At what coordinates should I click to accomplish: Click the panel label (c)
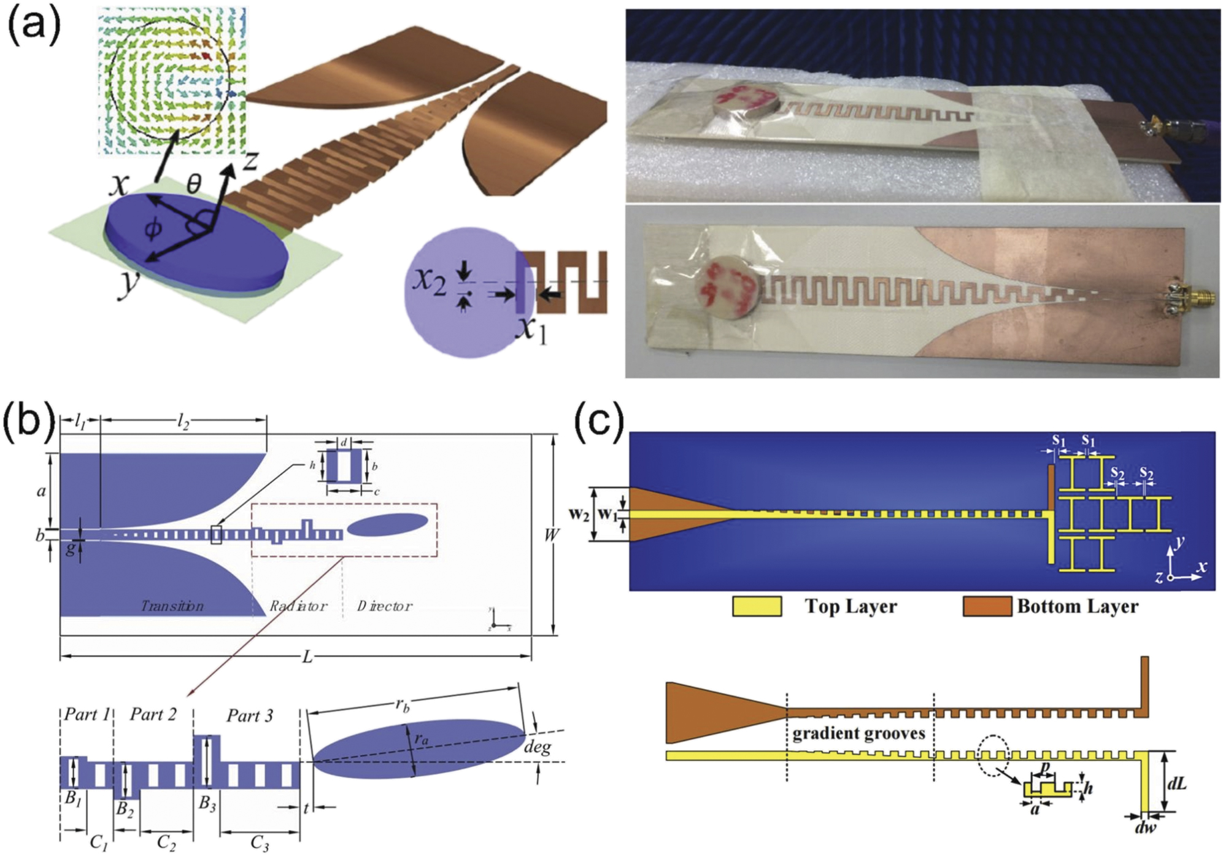coord(599,419)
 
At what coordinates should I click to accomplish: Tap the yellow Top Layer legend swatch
coord(757,606)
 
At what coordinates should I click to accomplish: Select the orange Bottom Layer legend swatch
coord(987,606)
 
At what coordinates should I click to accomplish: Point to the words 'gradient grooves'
coord(858,733)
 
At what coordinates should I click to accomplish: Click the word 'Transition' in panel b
coord(172,606)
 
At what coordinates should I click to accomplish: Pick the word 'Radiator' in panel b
coord(298,606)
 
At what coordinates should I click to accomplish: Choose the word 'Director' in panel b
coord(385,606)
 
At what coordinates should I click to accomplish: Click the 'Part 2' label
coord(153,714)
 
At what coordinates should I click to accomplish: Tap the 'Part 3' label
coord(250,715)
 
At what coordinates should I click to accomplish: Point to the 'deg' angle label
coord(537,747)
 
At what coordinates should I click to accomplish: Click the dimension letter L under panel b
coord(307,658)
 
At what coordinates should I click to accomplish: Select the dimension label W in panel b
coord(551,535)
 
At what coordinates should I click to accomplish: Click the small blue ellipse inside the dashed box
coord(388,524)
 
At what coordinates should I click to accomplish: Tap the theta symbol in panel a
coord(193,183)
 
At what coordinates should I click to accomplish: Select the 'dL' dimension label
coord(1176,784)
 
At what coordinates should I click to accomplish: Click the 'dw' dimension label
coord(1145,827)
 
